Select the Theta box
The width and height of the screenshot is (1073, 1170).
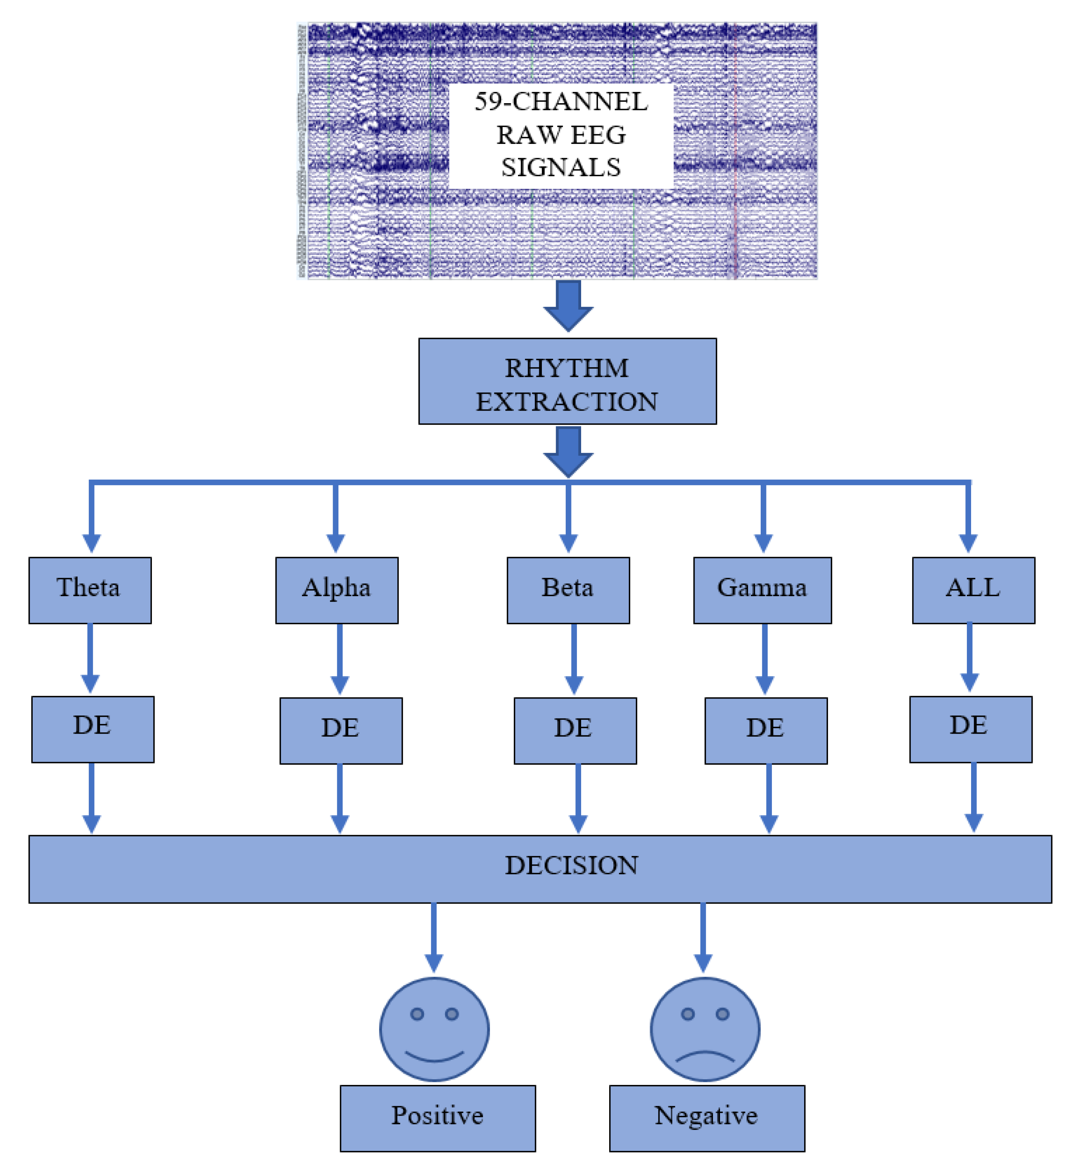(x=90, y=590)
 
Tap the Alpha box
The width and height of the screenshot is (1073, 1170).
(x=337, y=590)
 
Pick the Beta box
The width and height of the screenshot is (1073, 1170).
(x=568, y=590)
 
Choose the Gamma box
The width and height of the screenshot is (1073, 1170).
(x=762, y=590)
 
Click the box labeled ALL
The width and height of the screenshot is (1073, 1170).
(x=973, y=590)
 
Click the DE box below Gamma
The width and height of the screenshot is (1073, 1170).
(x=766, y=731)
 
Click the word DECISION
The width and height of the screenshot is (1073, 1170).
(x=571, y=866)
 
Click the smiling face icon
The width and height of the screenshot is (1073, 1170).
(x=434, y=1030)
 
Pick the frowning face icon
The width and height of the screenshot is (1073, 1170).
(x=705, y=1030)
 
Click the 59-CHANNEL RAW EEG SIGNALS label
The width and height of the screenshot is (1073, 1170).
(x=561, y=135)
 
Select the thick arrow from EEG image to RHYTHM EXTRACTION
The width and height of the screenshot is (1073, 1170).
(x=568, y=305)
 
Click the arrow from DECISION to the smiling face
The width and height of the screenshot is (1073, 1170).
(x=434, y=936)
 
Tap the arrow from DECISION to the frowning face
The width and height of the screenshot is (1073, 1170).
(x=703, y=936)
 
